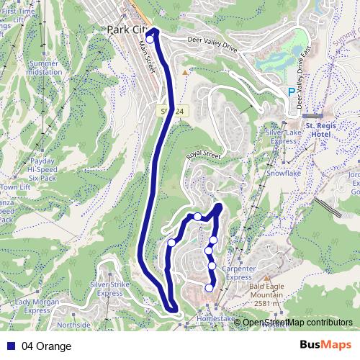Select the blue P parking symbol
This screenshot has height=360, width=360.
(x=291, y=92)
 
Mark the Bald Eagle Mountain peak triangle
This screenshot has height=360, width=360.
(x=267, y=277)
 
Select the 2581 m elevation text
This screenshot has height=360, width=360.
(x=266, y=304)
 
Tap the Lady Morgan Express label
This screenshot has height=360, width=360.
(x=36, y=306)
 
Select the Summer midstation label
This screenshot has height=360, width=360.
(x=44, y=68)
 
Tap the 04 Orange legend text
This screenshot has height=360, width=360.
(x=46, y=346)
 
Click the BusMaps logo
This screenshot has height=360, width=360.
(x=325, y=346)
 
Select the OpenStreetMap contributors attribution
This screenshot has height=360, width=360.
(x=298, y=323)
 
